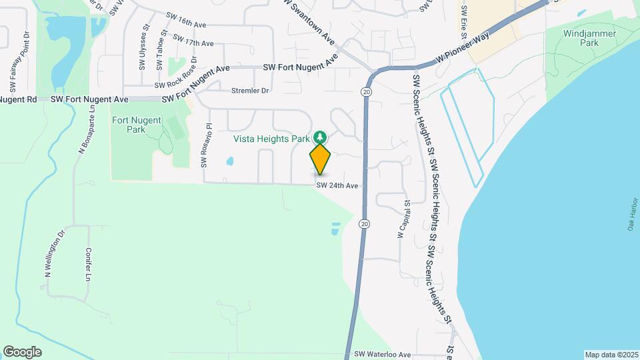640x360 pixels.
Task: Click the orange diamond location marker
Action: (320, 159)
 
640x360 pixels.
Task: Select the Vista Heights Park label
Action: (271, 139)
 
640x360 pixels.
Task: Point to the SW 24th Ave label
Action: (337, 185)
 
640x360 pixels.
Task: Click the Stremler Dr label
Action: (249, 91)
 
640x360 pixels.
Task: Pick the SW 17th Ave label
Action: (193, 41)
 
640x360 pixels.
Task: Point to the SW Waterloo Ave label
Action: (383, 355)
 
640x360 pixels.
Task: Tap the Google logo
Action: (22, 352)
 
